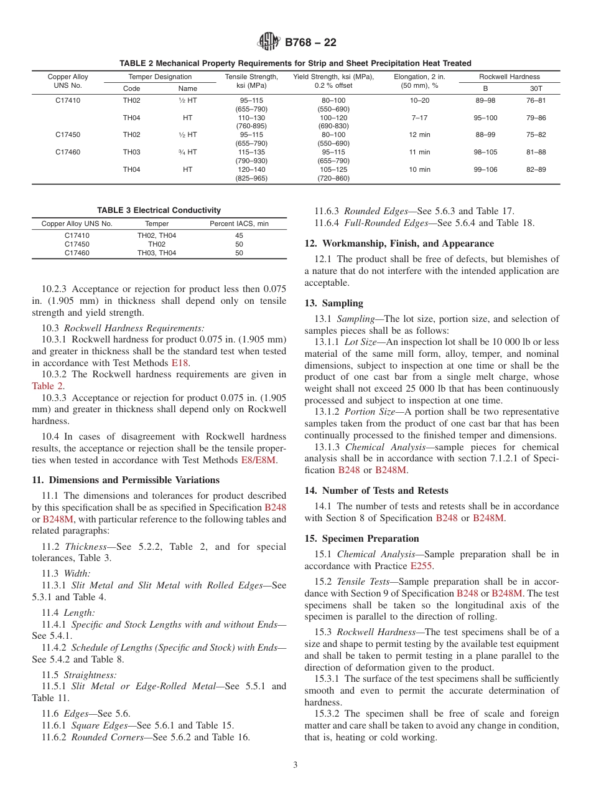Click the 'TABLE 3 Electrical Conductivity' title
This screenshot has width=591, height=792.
[x=159, y=210]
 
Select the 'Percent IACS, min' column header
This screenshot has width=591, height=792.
[x=239, y=224]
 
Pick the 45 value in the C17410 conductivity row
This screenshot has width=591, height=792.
[x=239, y=235]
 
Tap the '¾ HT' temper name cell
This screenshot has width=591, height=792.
[x=187, y=152]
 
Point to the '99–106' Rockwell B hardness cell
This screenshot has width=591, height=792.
[x=485, y=169]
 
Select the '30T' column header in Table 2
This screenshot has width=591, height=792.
[x=536, y=88]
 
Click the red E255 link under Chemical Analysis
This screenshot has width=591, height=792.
[x=421, y=566]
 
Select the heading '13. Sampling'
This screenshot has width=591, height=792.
[x=333, y=303]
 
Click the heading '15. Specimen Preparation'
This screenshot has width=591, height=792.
[x=361, y=539]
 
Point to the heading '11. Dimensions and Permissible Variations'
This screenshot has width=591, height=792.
[x=125, y=480]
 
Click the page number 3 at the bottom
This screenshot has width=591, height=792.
[x=295, y=765]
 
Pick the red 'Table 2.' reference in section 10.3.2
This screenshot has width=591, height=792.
[x=48, y=385]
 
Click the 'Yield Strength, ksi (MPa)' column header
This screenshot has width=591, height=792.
[x=333, y=77]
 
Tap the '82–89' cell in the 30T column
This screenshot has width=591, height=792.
[x=536, y=169]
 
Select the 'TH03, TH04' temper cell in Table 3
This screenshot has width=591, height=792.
[x=156, y=253]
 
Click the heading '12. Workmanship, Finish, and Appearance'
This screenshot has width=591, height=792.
[x=399, y=243]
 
